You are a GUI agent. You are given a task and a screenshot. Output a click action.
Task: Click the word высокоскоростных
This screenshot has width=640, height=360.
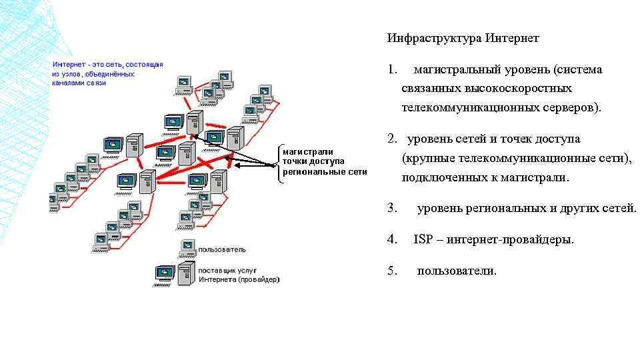pos(487,88)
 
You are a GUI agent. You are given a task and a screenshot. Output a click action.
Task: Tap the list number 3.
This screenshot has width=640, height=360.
pos(392,208)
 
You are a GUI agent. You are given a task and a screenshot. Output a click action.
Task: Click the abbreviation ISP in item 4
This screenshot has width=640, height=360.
pos(423,239)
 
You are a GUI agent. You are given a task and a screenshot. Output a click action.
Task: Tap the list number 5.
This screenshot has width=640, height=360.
pos(392,271)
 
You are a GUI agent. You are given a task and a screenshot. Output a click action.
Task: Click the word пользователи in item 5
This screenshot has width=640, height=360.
pos(457,271)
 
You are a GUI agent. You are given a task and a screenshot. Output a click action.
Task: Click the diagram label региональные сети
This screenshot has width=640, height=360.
pos(325,171)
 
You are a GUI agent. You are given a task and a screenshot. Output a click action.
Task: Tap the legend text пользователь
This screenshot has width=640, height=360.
pos(222,249)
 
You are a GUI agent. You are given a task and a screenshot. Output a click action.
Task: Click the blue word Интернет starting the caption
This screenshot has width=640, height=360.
pos(68,64)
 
